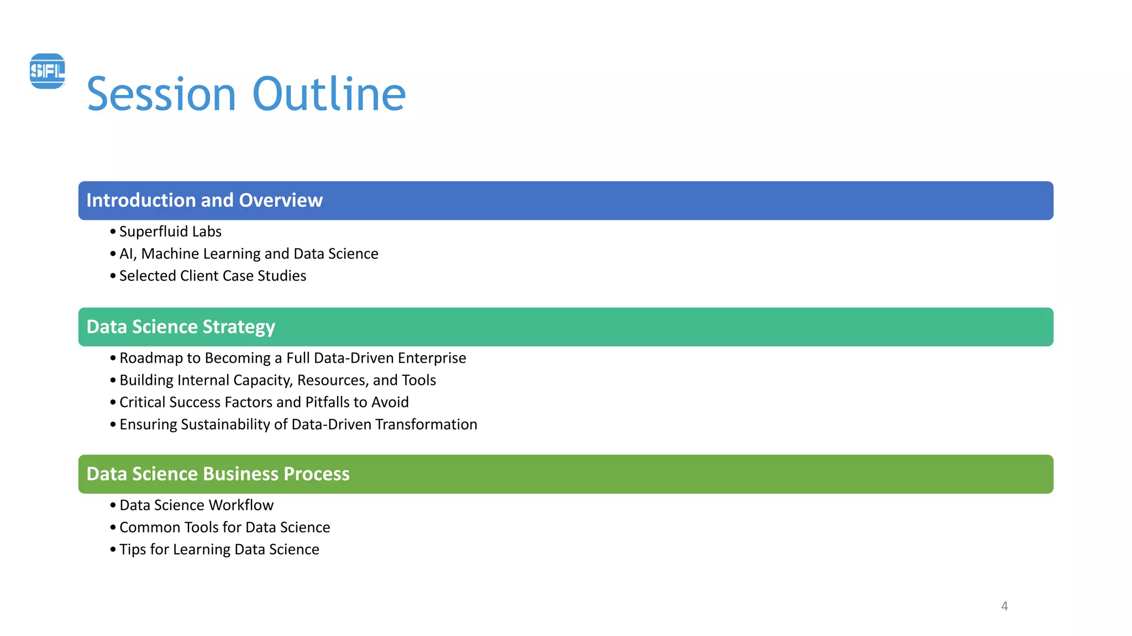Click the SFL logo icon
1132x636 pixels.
48,71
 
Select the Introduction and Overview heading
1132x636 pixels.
204,200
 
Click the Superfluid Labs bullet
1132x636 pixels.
170,232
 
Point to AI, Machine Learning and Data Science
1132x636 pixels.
249,254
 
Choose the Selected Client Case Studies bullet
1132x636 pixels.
213,276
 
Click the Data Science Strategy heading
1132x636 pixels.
181,327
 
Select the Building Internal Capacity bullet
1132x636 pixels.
277,380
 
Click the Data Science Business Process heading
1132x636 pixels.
218,474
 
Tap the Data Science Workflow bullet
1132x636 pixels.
196,506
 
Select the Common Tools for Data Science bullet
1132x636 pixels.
224,528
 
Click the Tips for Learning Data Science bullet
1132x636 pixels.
219,550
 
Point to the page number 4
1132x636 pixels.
1004,606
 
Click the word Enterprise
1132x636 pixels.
432,358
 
